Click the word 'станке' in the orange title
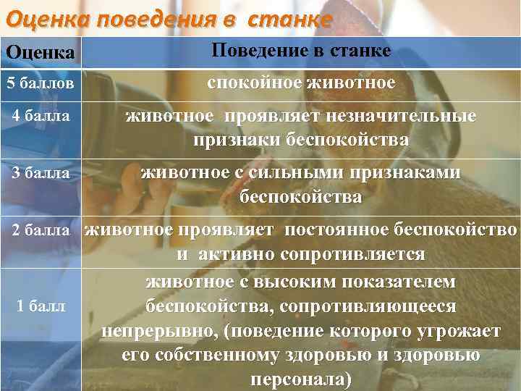click(x=289, y=17)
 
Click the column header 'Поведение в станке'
click(x=301, y=51)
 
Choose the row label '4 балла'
click(x=41, y=115)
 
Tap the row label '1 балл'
click(x=41, y=306)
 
